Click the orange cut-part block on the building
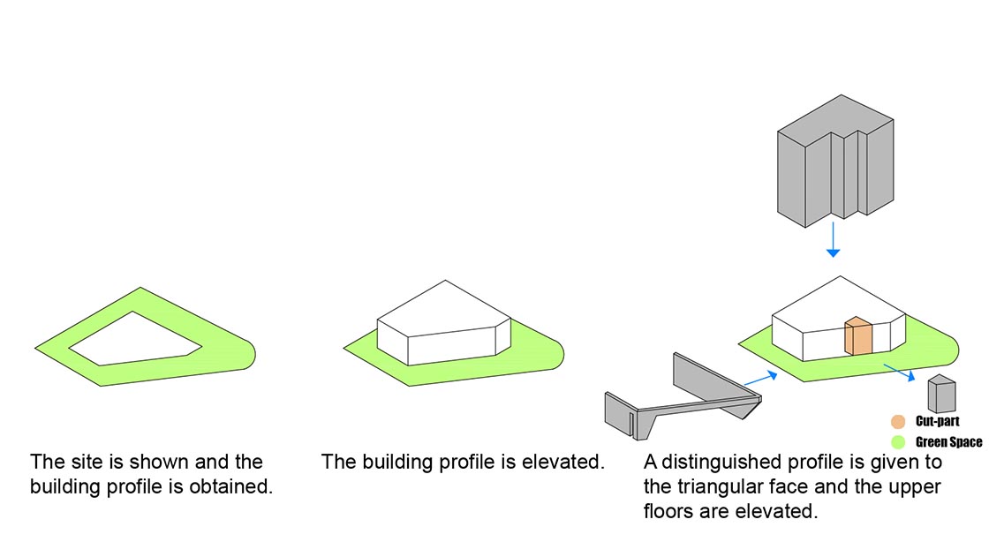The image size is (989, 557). pos(858,336)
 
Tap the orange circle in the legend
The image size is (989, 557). pos(898,421)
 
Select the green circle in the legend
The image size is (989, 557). pos(898,441)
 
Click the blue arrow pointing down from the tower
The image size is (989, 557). pos(834,239)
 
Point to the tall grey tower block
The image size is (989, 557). pos(835,161)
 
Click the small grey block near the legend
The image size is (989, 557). pos(941,394)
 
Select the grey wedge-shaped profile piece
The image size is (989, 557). pos(683,397)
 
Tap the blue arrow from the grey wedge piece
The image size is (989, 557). pos(760,379)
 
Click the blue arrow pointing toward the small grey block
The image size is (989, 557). pos(900,373)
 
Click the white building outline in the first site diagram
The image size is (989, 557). pos(135,339)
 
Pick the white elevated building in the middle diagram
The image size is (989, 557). pos(444,323)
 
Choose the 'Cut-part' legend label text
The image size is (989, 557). pos(937,421)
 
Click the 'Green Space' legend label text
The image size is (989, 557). pos(948,442)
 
